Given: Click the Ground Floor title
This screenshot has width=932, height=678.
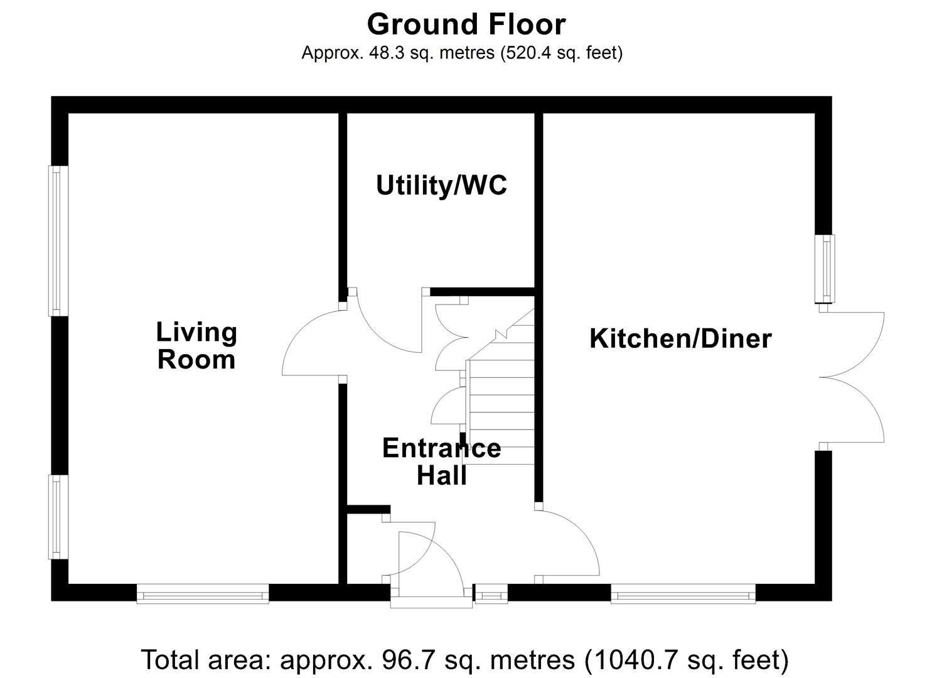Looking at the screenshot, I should tap(466, 25).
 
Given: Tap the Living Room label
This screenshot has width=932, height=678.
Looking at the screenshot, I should tap(196, 346).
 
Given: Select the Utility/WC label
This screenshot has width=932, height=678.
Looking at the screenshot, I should tap(441, 186).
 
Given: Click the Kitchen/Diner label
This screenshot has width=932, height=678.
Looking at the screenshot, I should tap(680, 339).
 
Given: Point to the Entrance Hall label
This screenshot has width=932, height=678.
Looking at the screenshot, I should tap(441, 461).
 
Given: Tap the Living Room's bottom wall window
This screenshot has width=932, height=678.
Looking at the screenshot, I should tap(203, 593).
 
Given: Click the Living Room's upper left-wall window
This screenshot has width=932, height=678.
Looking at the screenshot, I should tap(58, 241).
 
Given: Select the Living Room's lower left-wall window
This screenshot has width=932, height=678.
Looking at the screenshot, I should tap(58, 517).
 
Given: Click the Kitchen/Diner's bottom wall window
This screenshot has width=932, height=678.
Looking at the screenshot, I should tap(683, 593).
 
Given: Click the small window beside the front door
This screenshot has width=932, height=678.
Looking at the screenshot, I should tap(491, 593).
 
